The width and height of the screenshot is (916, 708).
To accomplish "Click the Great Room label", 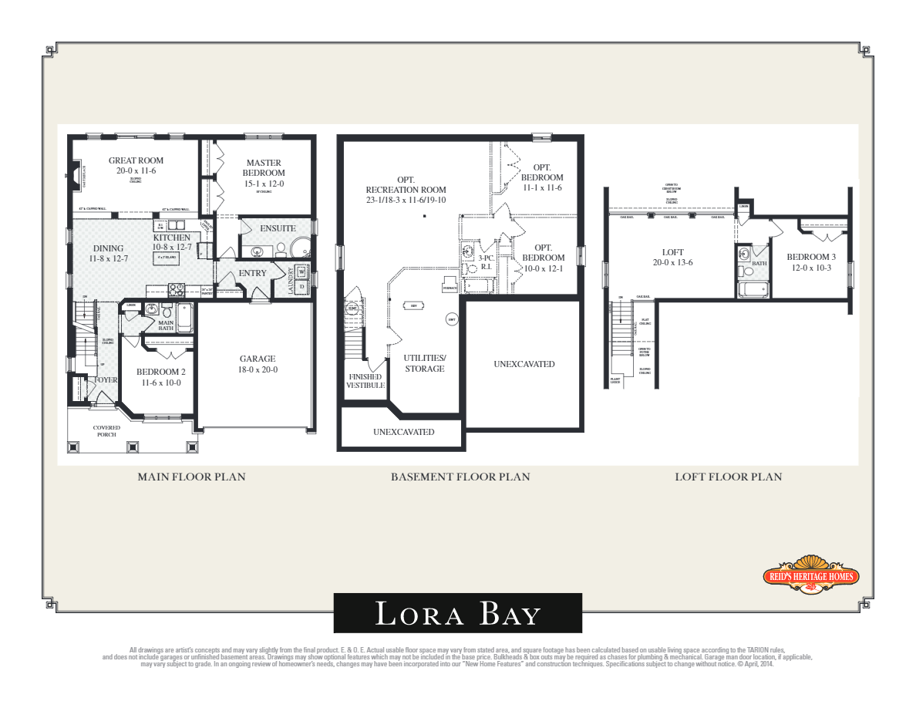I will [x=136, y=160].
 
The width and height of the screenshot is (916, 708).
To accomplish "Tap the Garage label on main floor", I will [x=258, y=359].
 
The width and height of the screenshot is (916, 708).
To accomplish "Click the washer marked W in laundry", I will [x=301, y=271].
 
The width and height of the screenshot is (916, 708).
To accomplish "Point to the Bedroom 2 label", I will [x=160, y=372].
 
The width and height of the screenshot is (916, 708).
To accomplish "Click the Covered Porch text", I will [x=106, y=431].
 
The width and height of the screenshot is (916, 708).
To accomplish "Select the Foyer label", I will [x=105, y=380].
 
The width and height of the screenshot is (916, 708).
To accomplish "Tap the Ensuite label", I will [x=278, y=228].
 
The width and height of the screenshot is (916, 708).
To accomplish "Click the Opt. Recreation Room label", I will [x=406, y=190].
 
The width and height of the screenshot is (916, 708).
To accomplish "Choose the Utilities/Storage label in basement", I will [x=425, y=363].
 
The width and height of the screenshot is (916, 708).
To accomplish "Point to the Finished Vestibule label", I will [x=365, y=381].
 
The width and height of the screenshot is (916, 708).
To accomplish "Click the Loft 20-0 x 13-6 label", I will [x=672, y=258].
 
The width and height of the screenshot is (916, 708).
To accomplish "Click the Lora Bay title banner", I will [x=457, y=613].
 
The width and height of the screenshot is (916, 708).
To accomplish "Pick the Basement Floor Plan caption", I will [x=460, y=477].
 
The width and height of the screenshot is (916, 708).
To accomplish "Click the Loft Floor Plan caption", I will [x=728, y=477].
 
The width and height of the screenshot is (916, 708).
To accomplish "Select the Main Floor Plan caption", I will [x=191, y=477].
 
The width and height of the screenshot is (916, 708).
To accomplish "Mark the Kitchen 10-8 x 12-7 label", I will [x=171, y=242].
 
